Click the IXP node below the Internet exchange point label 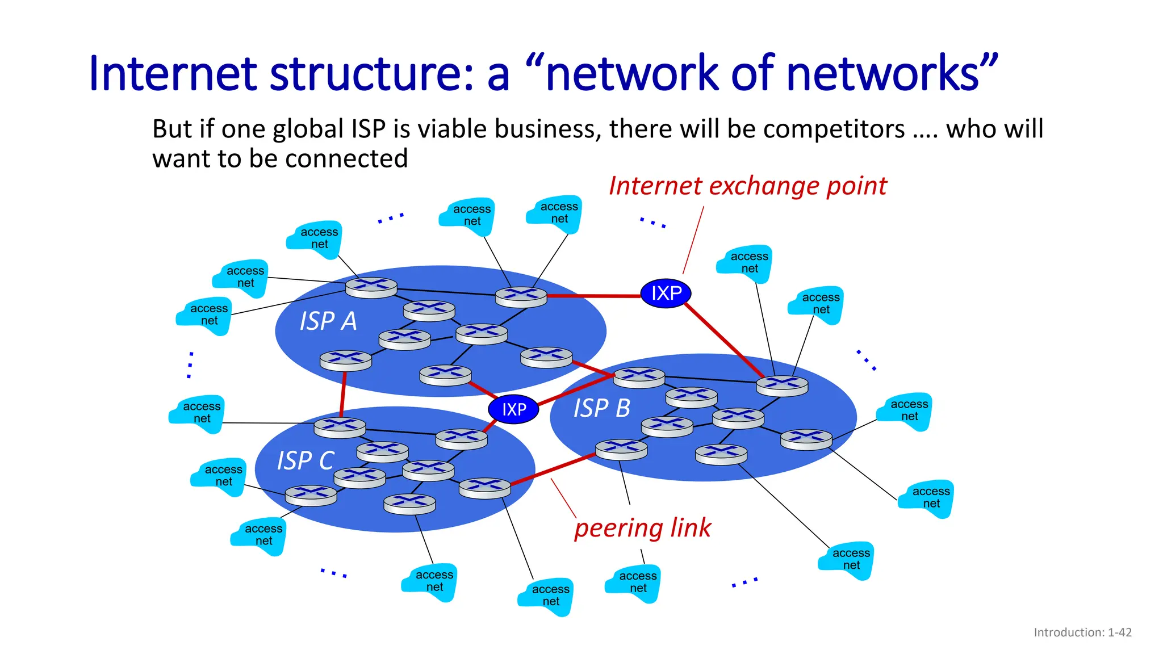[666, 294]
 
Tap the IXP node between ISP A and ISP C [513, 409]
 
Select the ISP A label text [328, 321]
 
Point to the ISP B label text [601, 408]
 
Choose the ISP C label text [306, 460]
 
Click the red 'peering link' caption [642, 528]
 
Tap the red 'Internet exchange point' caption [747, 186]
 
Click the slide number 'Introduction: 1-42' [1082, 632]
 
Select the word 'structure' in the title [371, 74]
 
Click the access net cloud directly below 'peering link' [634, 583]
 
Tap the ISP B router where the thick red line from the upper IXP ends [782, 385]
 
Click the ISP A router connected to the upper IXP [521, 296]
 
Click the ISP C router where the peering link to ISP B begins [484, 488]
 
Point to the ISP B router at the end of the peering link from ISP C [621, 449]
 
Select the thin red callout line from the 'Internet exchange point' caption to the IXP [693, 240]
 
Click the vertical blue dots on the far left [190, 365]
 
